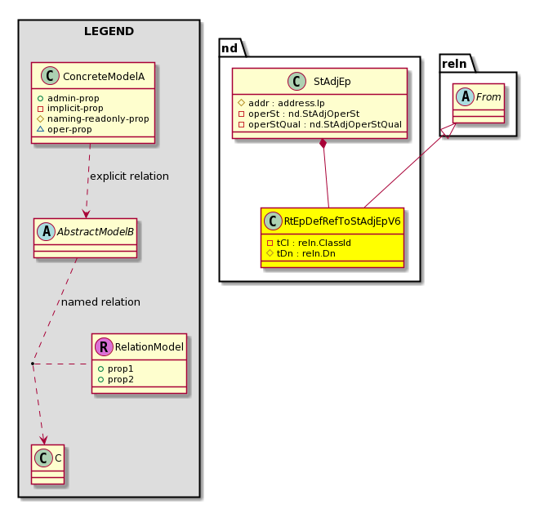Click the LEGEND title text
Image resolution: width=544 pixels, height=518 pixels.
(109, 31)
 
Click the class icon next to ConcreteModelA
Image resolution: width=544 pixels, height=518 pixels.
(50, 76)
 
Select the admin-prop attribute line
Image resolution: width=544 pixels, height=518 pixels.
(69, 98)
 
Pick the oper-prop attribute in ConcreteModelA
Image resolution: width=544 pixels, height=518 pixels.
(65, 129)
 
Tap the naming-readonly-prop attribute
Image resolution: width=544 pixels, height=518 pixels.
(93, 118)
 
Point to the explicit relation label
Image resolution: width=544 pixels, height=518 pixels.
(129, 176)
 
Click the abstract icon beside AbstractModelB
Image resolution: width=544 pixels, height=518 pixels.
(47, 231)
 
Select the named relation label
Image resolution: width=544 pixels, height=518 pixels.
(100, 302)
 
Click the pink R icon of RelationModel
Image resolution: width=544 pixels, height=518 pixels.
(104, 346)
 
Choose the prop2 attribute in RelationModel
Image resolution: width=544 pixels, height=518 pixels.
(116, 380)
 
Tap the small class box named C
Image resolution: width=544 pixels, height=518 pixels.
(48, 464)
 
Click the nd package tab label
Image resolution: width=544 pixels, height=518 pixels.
(230, 48)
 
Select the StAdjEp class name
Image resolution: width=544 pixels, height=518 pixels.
(332, 81)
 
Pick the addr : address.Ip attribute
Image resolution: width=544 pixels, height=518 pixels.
(281, 103)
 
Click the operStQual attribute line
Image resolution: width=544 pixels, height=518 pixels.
(320, 124)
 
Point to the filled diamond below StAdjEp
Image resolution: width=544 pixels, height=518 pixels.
(323, 143)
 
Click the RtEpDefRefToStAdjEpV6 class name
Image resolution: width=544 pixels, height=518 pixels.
(342, 221)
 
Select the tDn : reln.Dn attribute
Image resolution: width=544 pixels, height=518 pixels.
(301, 253)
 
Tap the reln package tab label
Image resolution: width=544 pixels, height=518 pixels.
(454, 64)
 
